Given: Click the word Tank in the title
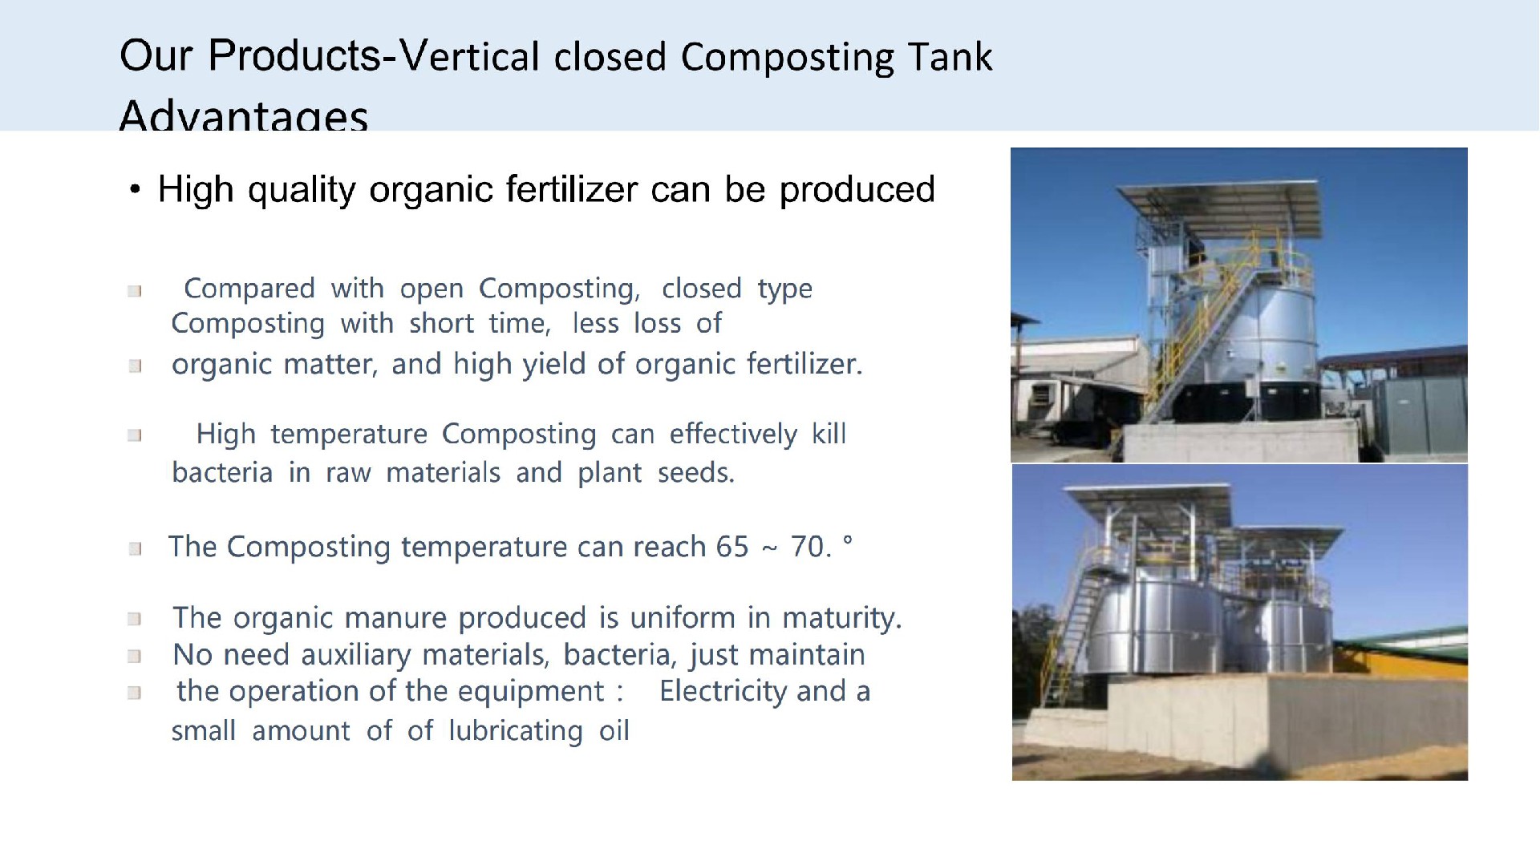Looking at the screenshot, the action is coord(950,57).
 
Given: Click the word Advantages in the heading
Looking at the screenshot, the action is coord(244,115).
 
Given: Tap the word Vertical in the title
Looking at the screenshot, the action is coord(469,55).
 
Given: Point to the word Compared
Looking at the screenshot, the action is coord(249,289).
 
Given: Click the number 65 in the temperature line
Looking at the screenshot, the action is coord(732,547).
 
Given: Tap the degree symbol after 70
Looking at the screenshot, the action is coord(848,540).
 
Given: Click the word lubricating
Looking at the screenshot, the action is coord(516,731).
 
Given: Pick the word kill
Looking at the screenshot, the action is coord(829,434).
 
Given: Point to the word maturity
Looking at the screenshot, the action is coord(842,618).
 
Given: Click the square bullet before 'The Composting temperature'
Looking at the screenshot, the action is coord(135,549).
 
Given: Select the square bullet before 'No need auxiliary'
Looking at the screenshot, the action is coord(135,657).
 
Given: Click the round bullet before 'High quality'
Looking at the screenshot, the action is coord(136,192).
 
